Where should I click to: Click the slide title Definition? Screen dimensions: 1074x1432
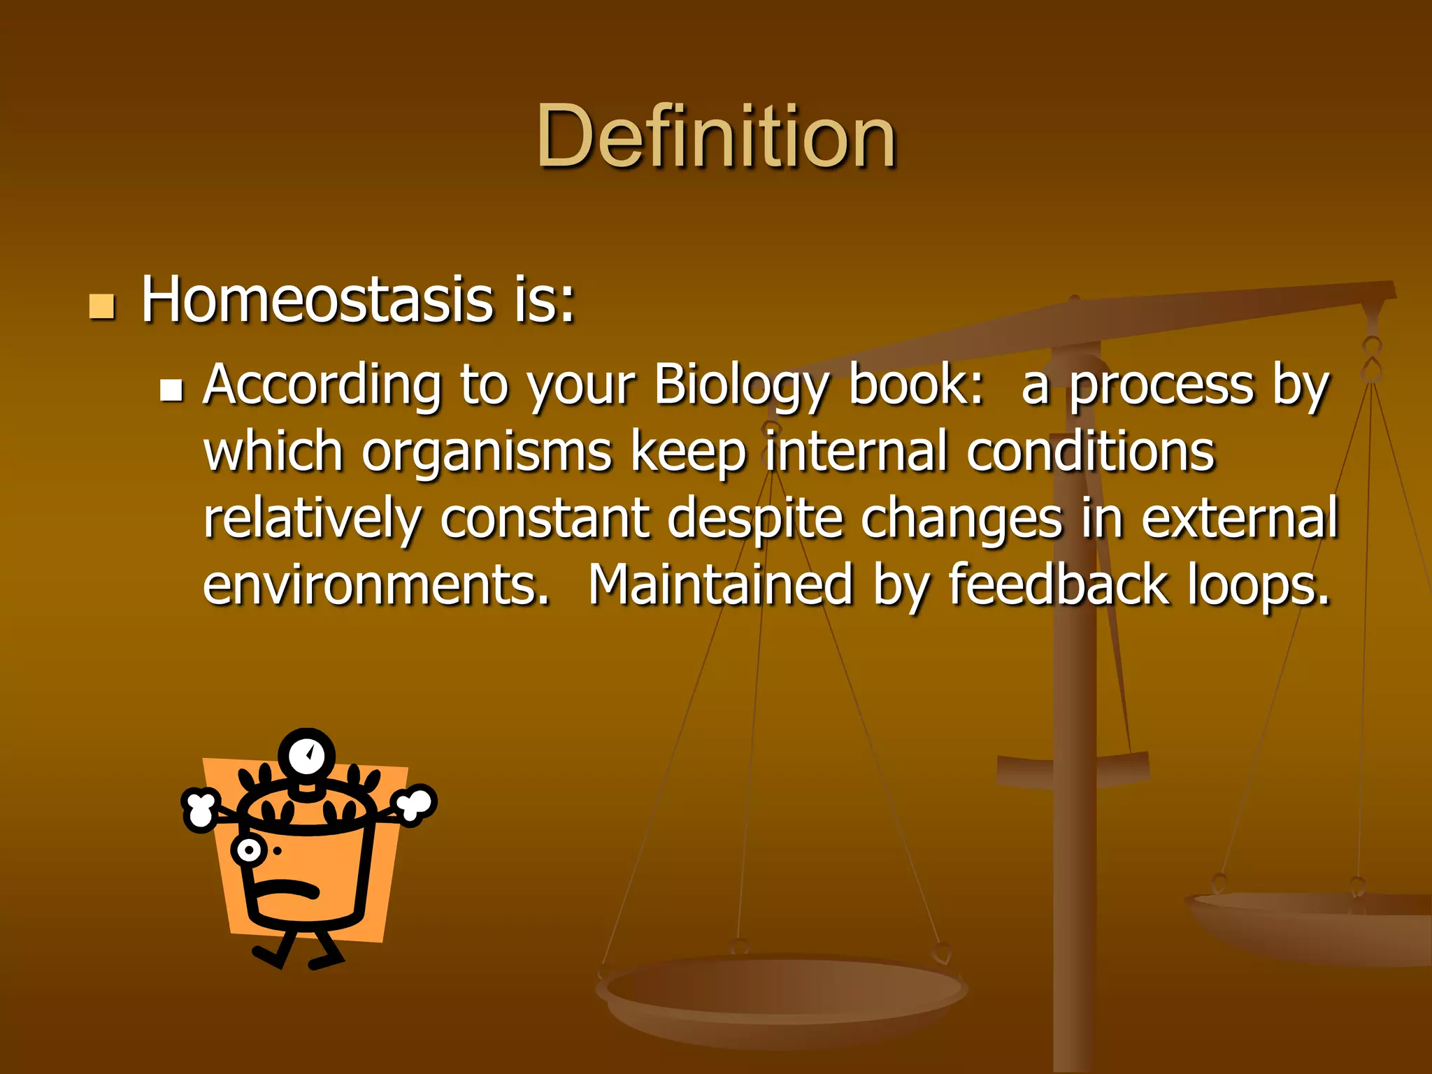pos(716,136)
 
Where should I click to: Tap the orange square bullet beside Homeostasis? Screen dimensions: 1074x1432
pos(102,306)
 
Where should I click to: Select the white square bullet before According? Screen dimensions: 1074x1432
pos(171,389)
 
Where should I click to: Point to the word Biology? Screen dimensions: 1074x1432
pos(741,386)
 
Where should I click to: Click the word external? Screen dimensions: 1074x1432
pos(1239,519)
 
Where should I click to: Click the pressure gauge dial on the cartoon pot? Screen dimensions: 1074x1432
pos(307,756)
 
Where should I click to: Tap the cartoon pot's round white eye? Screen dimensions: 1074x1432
pos(248,850)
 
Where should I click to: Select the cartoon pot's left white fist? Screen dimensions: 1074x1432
pos(201,809)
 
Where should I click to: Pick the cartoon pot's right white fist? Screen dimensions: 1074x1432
pos(415,804)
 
